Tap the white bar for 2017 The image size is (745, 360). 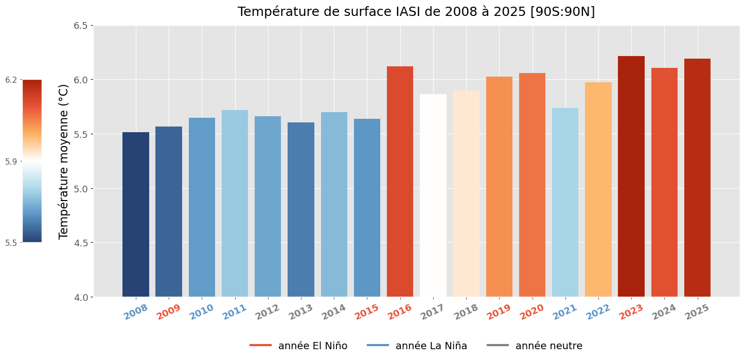[433, 195]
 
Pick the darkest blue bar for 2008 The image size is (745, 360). [136, 214]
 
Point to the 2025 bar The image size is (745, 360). [697, 177]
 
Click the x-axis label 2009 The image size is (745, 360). [169, 312]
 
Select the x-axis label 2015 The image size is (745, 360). [367, 312]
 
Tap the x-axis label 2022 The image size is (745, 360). [598, 312]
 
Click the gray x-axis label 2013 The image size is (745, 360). [301, 312]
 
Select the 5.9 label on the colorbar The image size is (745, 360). [11, 161]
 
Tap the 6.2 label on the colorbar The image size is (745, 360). [11, 80]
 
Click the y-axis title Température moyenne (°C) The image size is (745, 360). [64, 161]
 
